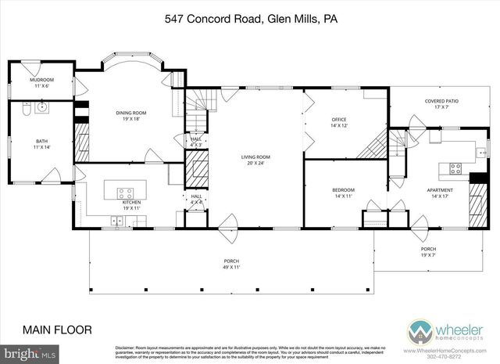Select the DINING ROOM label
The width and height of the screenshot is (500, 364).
tap(130, 114)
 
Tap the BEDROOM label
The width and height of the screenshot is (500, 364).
tap(344, 190)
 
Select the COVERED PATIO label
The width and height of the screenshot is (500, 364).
tap(442, 102)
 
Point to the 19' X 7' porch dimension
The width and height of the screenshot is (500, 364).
tap(430, 254)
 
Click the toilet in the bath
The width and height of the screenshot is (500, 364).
tap(26, 112)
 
